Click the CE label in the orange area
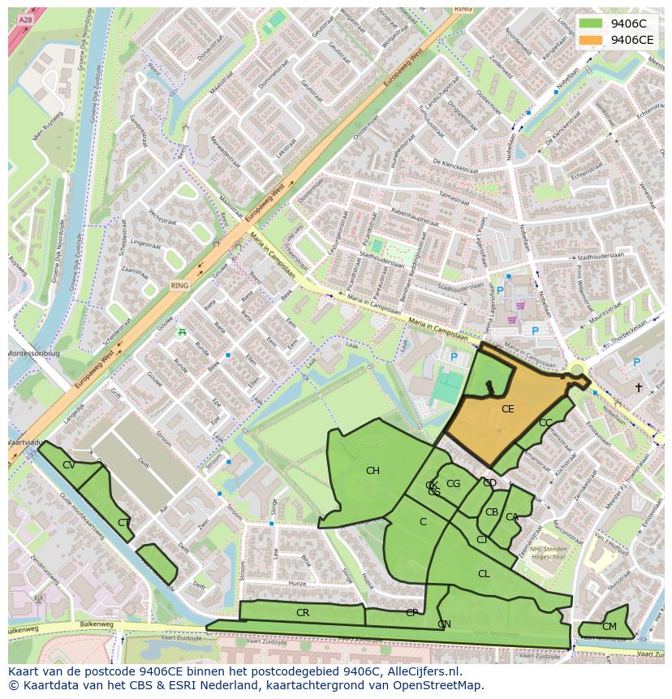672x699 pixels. coord(507,409)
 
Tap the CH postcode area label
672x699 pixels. coord(373,471)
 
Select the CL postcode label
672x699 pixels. coord(484,574)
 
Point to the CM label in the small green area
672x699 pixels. coord(609,627)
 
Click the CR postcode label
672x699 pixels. coord(303,613)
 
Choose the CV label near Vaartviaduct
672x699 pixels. coord(69,465)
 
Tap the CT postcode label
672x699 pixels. coord(123,523)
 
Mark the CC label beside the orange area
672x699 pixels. coord(545,423)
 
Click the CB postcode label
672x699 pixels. coord(492,512)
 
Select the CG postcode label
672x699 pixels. coord(453,484)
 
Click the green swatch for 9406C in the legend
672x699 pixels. coord(591,24)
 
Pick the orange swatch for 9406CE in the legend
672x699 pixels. coord(591,40)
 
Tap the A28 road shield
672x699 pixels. coord(25,19)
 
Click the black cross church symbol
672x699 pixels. coord(639,388)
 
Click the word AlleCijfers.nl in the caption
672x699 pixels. coord(421,671)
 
